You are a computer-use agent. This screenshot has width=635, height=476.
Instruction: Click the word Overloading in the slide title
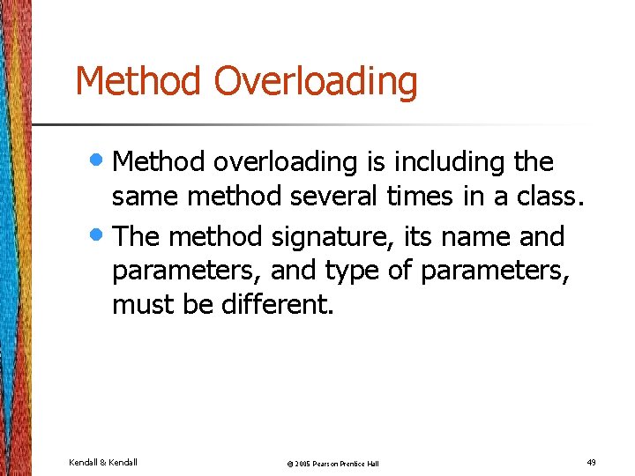(316, 82)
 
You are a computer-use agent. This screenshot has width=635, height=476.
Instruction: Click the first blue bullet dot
(101, 160)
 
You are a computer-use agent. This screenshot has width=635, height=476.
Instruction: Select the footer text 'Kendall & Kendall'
(102, 461)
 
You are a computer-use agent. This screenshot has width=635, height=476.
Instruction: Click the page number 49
(590, 461)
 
